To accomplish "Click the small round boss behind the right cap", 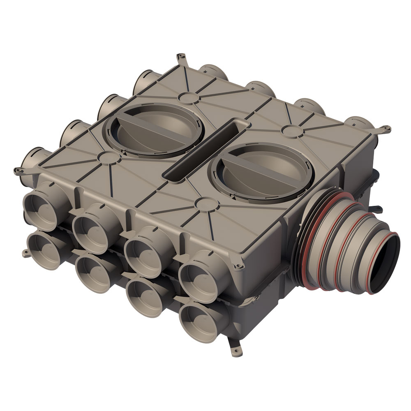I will [x=291, y=131].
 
